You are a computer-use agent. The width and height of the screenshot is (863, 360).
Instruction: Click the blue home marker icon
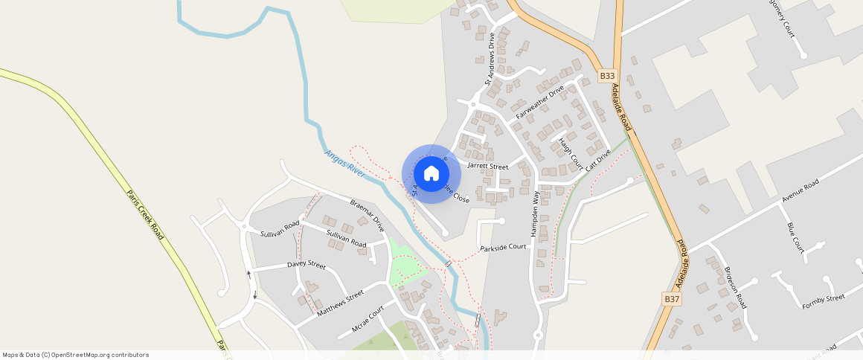click(431, 174)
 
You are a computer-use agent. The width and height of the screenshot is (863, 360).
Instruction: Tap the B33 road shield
click(608, 76)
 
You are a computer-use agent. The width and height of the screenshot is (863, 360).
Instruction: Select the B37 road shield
click(672, 299)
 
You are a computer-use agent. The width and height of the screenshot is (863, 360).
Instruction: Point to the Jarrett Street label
click(488, 167)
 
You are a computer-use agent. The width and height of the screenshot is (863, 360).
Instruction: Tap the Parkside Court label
click(503, 248)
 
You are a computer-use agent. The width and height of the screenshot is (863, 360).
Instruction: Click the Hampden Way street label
click(534, 214)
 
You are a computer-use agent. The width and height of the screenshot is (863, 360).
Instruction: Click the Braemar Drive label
click(368, 215)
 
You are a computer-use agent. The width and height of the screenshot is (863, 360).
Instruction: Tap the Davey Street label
click(307, 265)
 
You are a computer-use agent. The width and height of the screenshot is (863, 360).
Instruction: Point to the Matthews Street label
click(340, 304)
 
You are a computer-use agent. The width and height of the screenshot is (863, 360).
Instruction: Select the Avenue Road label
click(800, 191)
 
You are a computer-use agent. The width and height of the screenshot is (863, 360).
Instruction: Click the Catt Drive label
click(597, 161)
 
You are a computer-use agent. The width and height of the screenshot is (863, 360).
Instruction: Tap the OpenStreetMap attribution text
click(76, 355)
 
